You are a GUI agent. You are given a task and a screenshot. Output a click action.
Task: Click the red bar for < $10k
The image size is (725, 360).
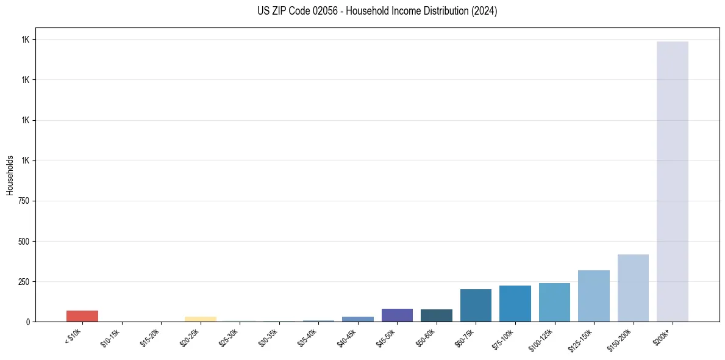click(x=82, y=316)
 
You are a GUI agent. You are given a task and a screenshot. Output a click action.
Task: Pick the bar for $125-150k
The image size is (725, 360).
click(x=594, y=296)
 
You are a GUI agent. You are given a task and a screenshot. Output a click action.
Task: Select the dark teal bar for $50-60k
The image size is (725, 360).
click(x=437, y=315)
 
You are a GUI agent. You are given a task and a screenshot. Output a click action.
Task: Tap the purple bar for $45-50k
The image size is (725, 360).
click(x=397, y=315)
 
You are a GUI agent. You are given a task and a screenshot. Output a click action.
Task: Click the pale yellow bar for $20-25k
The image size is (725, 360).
click(x=201, y=319)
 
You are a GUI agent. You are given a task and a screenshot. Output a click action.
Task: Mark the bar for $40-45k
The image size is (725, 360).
click(x=358, y=319)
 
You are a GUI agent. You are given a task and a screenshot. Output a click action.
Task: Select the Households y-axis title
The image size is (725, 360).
click(x=10, y=175)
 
